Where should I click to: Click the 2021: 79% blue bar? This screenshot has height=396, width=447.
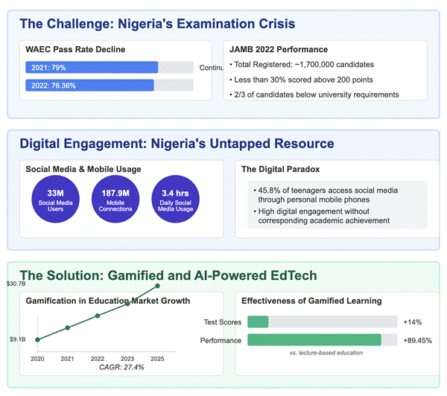(92, 67)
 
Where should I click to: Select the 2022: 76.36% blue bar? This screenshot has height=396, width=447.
(90, 85)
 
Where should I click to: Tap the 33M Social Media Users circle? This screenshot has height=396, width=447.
(55, 199)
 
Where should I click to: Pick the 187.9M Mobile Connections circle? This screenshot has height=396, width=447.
(115, 199)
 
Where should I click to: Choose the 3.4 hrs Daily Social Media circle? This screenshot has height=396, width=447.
(175, 199)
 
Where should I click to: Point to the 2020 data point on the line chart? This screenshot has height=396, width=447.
(37, 339)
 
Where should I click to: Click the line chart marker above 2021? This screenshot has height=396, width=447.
(68, 328)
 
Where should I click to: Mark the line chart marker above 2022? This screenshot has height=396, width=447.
(98, 316)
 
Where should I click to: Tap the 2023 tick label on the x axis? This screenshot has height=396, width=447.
(127, 359)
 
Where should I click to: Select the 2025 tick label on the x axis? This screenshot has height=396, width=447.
(157, 359)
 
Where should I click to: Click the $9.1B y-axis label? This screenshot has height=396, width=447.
(18, 339)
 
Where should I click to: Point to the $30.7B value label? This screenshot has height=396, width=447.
(16, 284)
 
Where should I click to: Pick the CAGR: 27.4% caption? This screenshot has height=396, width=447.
(121, 367)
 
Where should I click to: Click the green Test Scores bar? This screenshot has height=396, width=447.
(258, 322)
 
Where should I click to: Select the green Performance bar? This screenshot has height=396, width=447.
(314, 340)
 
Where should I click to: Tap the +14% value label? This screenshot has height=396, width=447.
(413, 322)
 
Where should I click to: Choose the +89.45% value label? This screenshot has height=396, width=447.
(418, 340)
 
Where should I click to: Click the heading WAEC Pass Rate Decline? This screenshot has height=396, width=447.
(75, 49)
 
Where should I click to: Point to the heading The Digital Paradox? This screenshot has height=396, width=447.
(281, 169)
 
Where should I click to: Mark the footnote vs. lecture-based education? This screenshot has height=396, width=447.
(326, 353)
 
